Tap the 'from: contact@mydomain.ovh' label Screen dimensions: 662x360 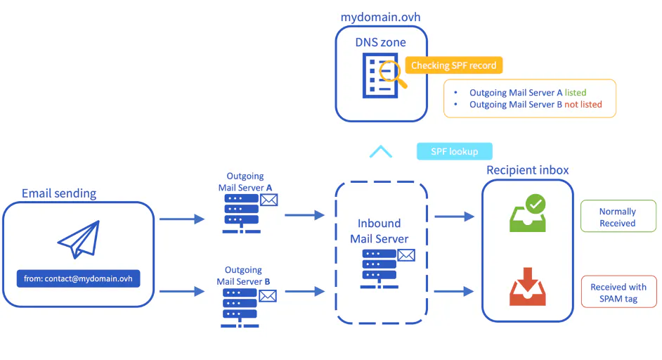coord(78,278)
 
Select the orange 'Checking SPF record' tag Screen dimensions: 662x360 coord(454,65)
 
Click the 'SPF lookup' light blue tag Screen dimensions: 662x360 coord(454,151)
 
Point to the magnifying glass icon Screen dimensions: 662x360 coord(393,75)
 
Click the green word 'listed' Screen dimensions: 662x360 coord(576,93)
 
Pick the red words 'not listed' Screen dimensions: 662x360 coord(583,104)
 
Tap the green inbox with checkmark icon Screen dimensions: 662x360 coord(528,213)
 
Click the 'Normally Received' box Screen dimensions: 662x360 coord(618,217)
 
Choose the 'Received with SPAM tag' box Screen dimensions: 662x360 coord(619,292)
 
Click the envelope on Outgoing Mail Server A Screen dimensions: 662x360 coord(269,200)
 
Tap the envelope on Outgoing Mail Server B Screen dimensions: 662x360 coord(268,296)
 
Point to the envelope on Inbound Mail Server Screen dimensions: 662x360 coord(406,255)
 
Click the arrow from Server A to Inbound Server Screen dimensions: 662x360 coord(304,215)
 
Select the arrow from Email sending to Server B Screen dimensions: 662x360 coord(182,291)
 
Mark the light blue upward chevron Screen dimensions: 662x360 coord(381,151)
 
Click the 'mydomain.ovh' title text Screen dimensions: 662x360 coord(380,17)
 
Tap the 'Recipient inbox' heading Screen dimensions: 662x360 coord(527,170)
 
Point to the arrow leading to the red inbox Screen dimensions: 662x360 coord(454,291)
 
